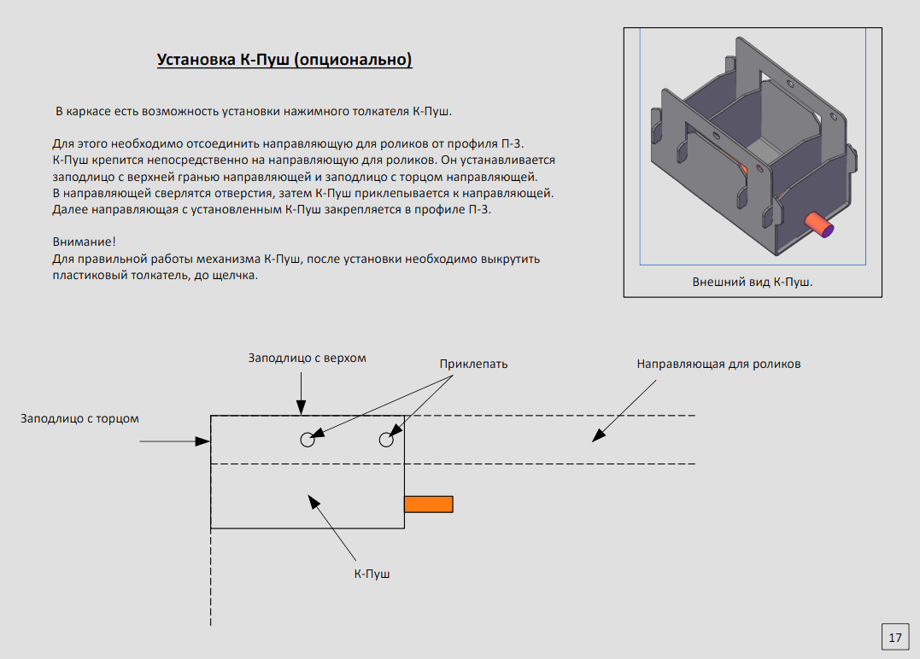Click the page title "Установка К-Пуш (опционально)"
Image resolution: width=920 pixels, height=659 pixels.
click(284, 60)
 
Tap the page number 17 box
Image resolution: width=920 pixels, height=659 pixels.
click(895, 637)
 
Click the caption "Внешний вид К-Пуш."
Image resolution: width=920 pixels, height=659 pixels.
click(752, 282)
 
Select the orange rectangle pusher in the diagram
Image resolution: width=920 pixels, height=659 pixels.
click(428, 504)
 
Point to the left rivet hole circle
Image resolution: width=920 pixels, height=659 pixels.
click(308, 440)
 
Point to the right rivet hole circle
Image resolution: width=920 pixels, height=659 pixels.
click(386, 440)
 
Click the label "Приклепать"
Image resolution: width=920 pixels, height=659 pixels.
click(473, 364)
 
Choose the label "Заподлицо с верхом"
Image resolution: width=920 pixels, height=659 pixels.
click(307, 358)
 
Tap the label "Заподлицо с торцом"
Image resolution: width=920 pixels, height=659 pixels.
click(79, 418)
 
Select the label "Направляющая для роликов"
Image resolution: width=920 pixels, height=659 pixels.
click(718, 364)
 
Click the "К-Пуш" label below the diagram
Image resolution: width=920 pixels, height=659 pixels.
click(372, 574)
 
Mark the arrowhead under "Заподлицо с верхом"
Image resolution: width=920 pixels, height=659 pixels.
click(301, 410)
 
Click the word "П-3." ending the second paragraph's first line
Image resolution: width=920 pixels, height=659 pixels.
click(522, 143)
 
